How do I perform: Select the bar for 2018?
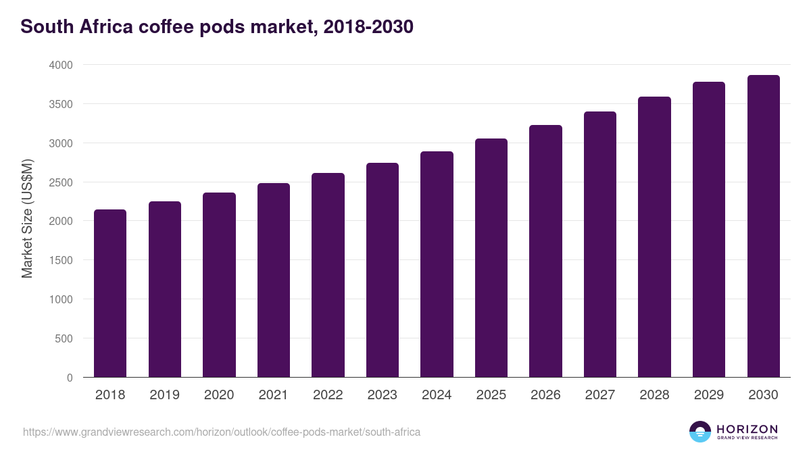tap(110, 293)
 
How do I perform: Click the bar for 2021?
tap(273, 280)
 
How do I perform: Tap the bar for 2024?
tap(437, 264)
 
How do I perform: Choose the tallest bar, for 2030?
tap(763, 226)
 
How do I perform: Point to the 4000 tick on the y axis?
tap(60, 65)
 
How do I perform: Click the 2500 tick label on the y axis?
tap(60, 182)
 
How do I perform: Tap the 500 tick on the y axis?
tap(65, 338)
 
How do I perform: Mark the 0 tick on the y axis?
tap(70, 378)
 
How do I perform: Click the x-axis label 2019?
tap(165, 395)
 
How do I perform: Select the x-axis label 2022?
tap(328, 395)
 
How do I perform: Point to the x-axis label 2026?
tap(545, 395)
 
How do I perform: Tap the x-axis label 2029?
tap(709, 395)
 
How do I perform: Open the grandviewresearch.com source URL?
tap(222, 432)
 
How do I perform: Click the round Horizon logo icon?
tap(700, 432)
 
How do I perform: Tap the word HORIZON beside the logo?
tap(746, 429)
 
